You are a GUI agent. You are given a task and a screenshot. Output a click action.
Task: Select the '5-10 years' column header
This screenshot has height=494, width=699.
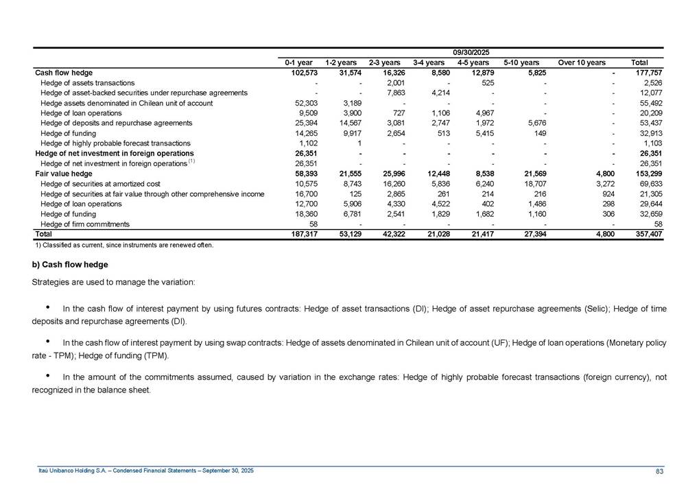tap(521, 62)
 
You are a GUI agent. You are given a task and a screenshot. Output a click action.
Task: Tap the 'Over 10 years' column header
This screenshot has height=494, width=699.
tap(582, 62)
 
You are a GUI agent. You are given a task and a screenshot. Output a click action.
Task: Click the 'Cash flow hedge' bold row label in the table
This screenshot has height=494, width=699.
tap(64, 72)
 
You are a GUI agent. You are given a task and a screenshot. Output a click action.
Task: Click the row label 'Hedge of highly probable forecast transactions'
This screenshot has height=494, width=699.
tap(115, 143)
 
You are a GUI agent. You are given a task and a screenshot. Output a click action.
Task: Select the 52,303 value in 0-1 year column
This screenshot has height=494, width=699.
tap(302, 103)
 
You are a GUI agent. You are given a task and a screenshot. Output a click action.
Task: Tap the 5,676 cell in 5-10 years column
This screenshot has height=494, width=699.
tap(532, 123)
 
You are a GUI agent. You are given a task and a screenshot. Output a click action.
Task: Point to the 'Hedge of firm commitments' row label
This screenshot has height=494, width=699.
tap(85, 224)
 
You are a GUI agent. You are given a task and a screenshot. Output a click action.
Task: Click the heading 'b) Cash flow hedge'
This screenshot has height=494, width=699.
tap(70, 264)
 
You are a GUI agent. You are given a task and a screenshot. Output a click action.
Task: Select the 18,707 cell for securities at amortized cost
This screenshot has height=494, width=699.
tap(532, 184)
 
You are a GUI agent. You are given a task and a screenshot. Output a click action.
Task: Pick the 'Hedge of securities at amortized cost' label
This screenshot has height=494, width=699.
tap(101, 184)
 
